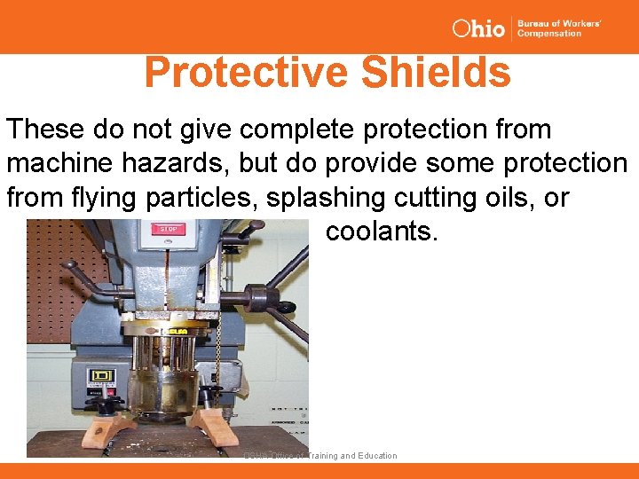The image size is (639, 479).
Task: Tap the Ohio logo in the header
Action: (x=477, y=28)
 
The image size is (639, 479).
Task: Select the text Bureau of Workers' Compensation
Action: (x=559, y=28)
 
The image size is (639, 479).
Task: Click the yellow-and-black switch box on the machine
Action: (x=100, y=377)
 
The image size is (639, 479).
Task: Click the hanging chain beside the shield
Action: (x=218, y=355)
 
